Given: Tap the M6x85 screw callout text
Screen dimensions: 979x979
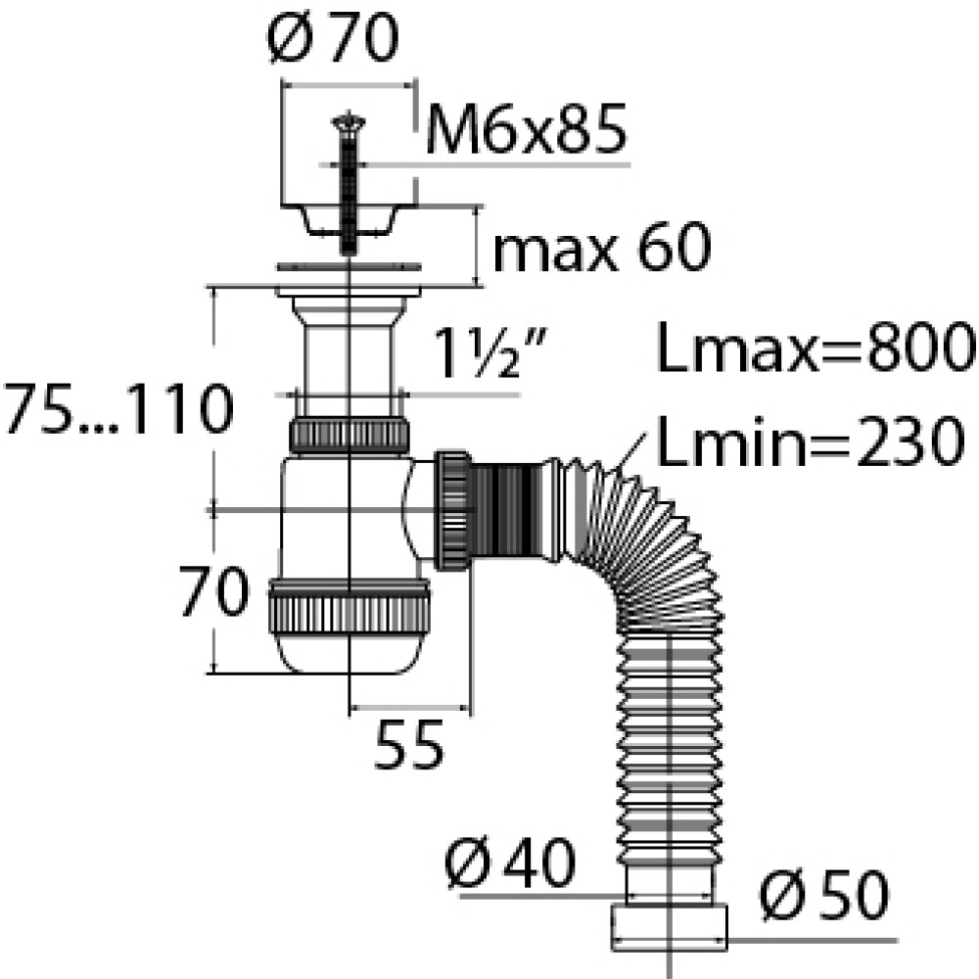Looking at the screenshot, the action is pos(526,129).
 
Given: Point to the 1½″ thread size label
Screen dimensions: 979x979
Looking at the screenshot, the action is pos(489,352).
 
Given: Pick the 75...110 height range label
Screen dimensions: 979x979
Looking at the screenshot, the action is pos(118,409).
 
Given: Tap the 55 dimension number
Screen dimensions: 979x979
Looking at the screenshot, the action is pos(409,744).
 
